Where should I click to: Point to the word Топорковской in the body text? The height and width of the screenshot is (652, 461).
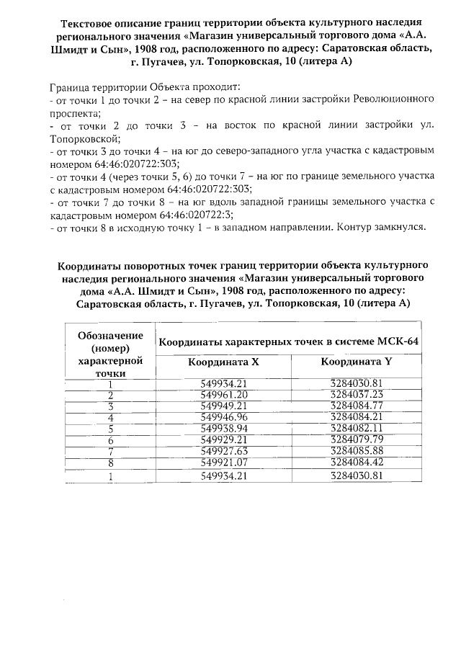(85, 138)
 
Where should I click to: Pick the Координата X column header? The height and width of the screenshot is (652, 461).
(223, 362)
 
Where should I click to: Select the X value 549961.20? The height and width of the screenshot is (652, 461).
(223, 395)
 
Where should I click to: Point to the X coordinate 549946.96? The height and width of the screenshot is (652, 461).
(223, 417)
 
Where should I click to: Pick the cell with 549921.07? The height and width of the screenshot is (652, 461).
(223, 462)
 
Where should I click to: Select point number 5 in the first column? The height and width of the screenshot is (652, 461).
(111, 428)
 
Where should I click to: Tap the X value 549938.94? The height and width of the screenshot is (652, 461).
(223, 428)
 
